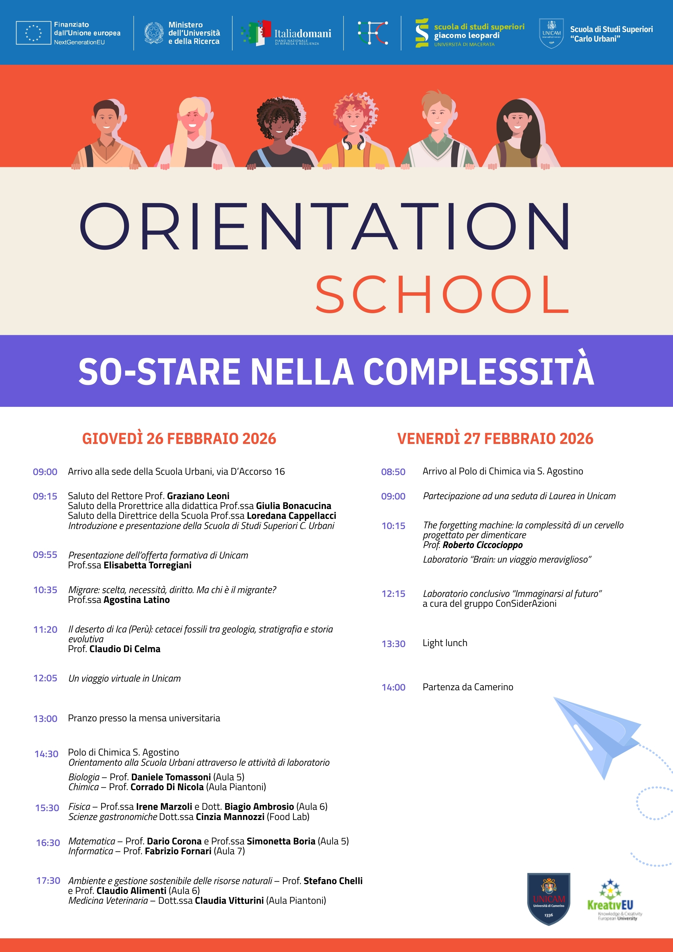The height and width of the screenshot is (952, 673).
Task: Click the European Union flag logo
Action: click(33, 33)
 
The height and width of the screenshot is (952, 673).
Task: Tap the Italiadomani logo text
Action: click(302, 34)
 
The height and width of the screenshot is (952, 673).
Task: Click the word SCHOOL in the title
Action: click(442, 295)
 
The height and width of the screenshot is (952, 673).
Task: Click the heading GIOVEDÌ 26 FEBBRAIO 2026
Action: click(179, 439)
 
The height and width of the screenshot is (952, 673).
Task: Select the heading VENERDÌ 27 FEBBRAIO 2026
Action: click(495, 439)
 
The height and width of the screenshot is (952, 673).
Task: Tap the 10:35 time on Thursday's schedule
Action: click(45, 590)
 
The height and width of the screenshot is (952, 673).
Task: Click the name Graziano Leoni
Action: click(198, 496)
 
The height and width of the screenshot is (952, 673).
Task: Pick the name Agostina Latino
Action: click(136, 600)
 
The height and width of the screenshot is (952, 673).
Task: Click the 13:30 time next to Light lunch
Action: click(393, 644)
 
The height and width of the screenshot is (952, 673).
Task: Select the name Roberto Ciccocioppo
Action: click(482, 545)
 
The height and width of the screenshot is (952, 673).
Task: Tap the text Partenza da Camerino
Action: click(468, 687)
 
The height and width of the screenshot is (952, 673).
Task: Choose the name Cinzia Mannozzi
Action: click(230, 817)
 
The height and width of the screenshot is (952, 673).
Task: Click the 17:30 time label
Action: click(48, 880)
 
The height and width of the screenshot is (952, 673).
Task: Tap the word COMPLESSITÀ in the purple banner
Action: click(478, 371)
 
